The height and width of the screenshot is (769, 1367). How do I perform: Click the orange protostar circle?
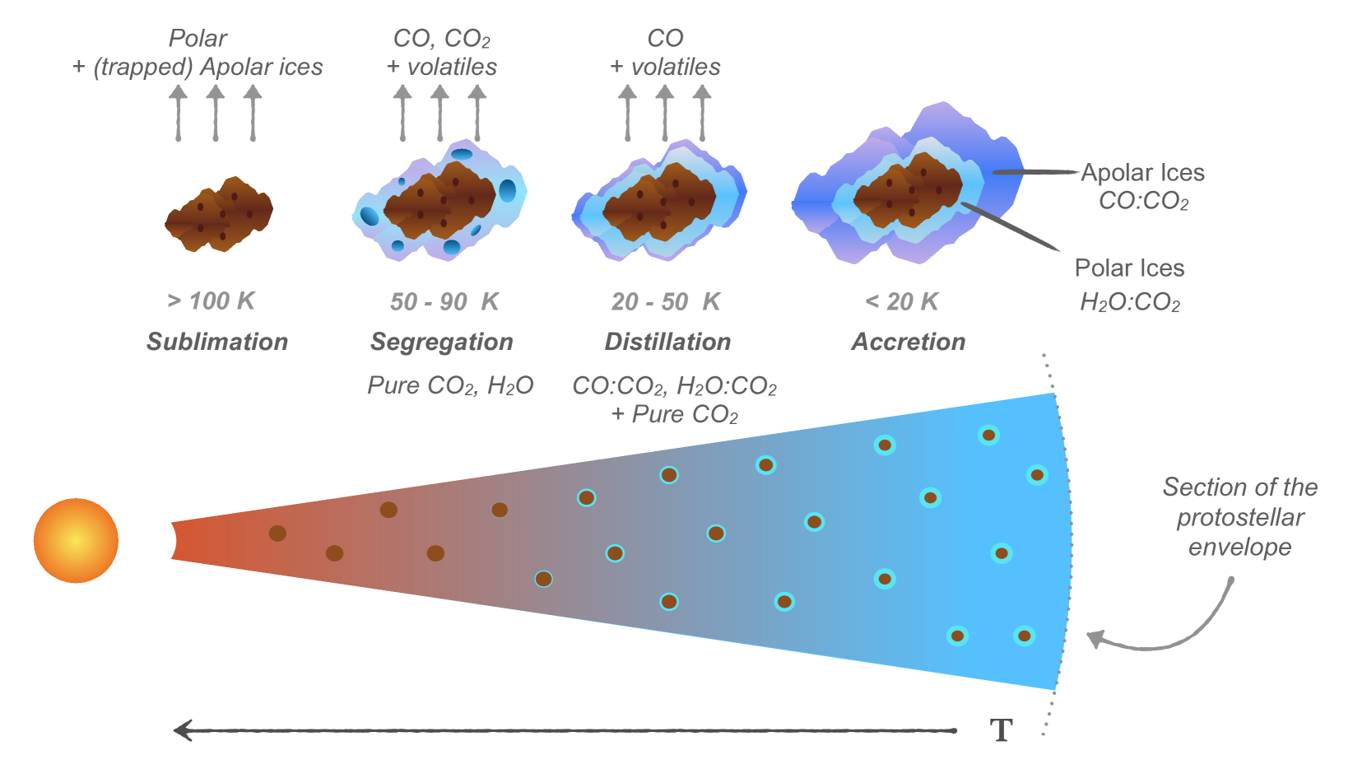[76, 540]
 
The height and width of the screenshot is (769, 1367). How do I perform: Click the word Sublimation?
[217, 342]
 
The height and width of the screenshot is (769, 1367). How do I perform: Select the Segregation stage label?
[442, 342]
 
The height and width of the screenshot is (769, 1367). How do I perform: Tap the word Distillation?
[667, 342]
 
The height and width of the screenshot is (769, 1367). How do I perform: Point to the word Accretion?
[909, 342]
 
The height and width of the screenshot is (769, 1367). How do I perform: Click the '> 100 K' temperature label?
[212, 301]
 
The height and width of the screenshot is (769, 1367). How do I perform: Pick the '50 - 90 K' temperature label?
[444, 302]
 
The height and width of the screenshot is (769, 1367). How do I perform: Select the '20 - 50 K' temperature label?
[666, 302]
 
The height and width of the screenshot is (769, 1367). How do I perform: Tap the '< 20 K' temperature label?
[902, 302]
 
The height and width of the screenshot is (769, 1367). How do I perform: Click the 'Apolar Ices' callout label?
[1142, 173]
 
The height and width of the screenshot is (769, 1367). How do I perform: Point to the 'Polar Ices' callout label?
[1129, 268]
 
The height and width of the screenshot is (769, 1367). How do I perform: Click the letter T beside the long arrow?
[1001, 730]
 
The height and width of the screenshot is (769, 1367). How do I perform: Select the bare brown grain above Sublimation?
[219, 214]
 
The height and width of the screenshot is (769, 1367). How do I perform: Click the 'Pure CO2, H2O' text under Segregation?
[450, 385]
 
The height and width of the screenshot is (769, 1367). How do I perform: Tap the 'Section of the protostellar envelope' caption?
[1239, 517]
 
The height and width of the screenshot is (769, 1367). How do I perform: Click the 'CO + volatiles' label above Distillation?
[665, 52]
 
